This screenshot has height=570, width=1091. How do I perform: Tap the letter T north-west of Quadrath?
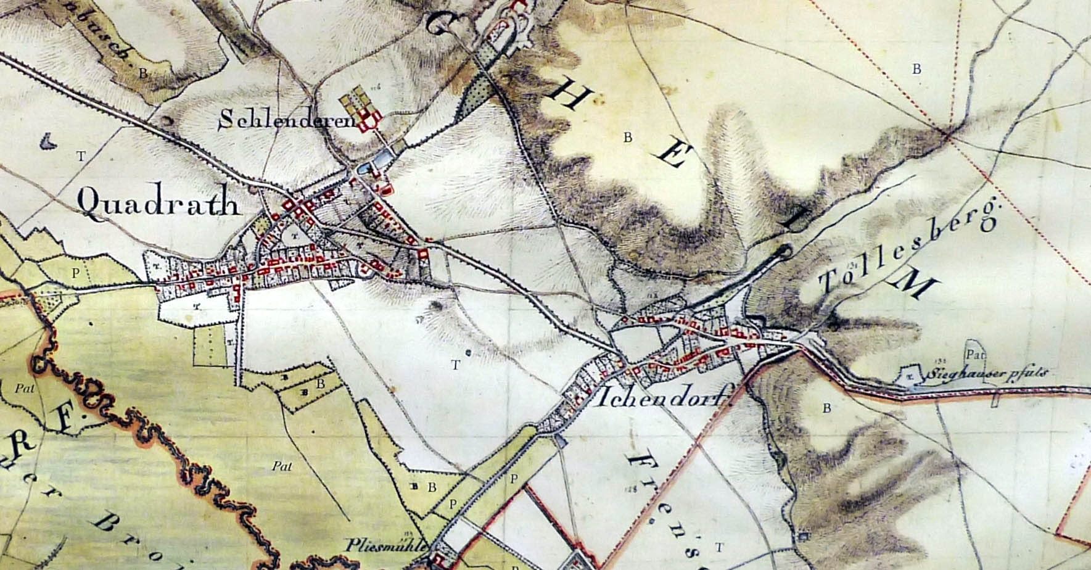click(81, 156)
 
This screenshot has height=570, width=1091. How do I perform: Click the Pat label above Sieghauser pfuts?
click(975, 355)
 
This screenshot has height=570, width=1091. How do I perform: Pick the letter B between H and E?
click(628, 137)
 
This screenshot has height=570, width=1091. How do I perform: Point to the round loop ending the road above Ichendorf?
click(784, 250)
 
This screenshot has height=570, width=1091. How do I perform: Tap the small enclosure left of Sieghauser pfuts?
click(910, 375)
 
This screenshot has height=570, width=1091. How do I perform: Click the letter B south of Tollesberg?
click(827, 408)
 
